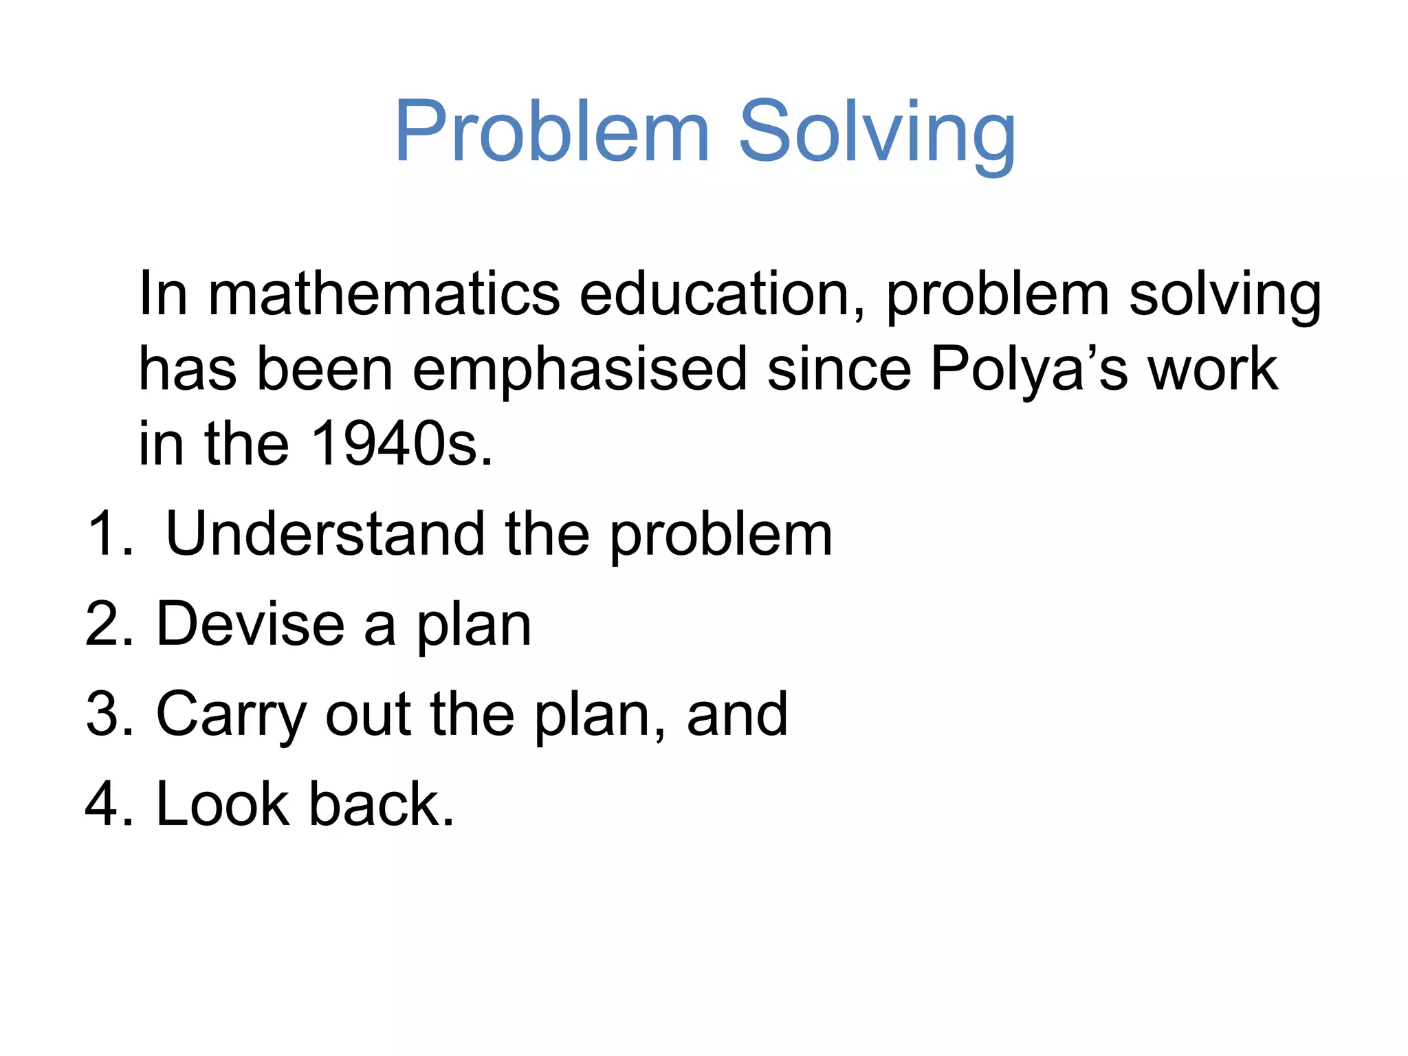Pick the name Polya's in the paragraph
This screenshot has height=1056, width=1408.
coord(1028,370)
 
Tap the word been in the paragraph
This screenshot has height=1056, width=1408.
coord(324,370)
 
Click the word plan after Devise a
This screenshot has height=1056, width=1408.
coord(474,627)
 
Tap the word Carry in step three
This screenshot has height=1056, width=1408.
coord(231,715)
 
